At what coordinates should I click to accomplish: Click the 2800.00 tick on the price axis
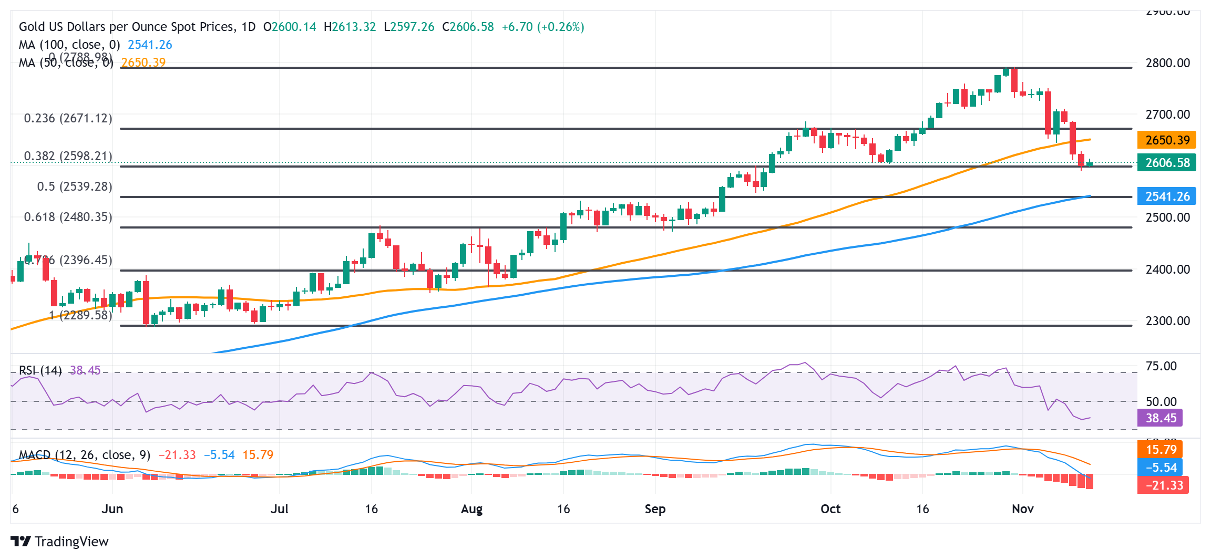pyautogui.click(x=1167, y=63)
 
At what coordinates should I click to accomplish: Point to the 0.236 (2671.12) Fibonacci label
pyautogui.click(x=68, y=118)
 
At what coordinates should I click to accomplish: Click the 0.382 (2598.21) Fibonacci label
pyautogui.click(x=68, y=156)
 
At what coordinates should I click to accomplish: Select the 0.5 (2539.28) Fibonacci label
pyautogui.click(x=75, y=186)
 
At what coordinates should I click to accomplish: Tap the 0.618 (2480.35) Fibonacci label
pyautogui.click(x=68, y=217)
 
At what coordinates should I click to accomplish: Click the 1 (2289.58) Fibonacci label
pyautogui.click(x=81, y=315)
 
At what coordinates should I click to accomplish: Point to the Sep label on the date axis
pyautogui.click(x=655, y=509)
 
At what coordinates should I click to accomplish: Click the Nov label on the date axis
pyautogui.click(x=1022, y=509)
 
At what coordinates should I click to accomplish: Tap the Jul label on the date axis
pyautogui.click(x=280, y=509)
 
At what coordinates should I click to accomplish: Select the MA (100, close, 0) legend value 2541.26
pyautogui.click(x=150, y=45)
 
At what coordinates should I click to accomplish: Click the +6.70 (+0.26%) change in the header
pyautogui.click(x=542, y=27)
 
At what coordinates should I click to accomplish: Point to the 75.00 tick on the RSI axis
pyautogui.click(x=1161, y=366)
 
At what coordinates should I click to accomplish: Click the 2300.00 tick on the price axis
pyautogui.click(x=1167, y=321)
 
